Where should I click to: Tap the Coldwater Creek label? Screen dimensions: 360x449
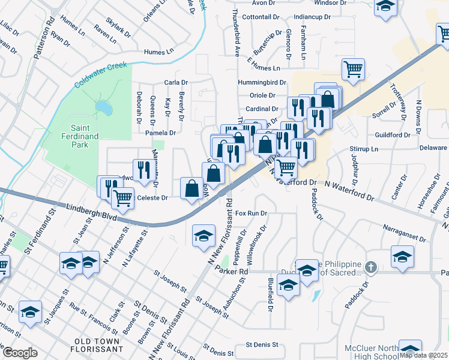(101, 75)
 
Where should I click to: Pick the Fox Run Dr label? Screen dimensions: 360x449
(251, 213)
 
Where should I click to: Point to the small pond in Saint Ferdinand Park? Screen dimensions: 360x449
(103, 107)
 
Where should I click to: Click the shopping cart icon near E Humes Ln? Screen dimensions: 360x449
(354, 68)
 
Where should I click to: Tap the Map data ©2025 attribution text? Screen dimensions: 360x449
(423, 355)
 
